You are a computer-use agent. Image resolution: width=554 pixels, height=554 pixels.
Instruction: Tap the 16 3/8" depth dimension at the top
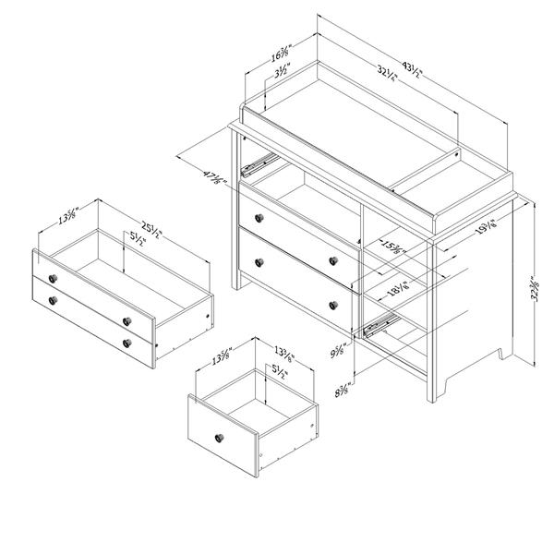pyautogui.click(x=282, y=54)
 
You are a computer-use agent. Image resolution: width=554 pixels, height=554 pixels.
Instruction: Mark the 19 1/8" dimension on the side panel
pyautogui.click(x=484, y=226)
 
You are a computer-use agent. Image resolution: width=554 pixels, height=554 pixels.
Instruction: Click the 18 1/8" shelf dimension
pyautogui.click(x=401, y=290)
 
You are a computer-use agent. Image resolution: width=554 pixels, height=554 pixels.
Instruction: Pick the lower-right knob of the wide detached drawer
pyautogui.click(x=126, y=343)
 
